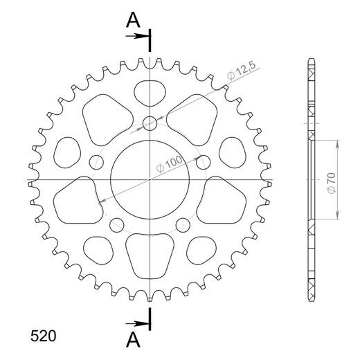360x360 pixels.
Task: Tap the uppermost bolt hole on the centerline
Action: [150, 125]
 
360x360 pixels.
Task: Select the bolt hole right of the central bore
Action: [203, 163]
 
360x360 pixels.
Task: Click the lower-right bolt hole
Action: [183, 224]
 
